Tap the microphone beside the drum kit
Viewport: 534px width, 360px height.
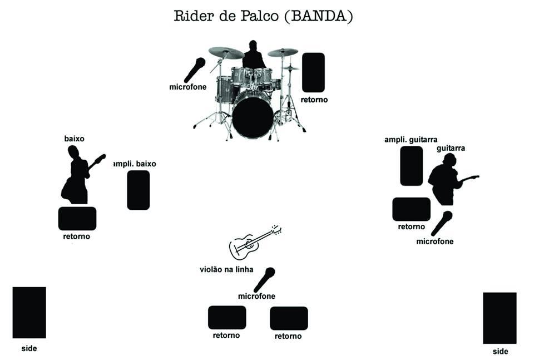click(195, 70)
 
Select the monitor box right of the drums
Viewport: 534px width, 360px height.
click(313, 72)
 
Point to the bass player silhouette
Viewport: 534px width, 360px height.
click(77, 176)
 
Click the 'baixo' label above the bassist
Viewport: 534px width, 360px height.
click(75, 138)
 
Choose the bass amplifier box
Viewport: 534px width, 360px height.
click(139, 190)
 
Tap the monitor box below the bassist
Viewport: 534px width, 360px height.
click(77, 218)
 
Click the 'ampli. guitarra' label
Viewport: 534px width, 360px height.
click(411, 139)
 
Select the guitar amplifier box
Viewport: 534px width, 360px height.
click(411, 166)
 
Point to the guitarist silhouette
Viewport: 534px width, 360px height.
click(446, 180)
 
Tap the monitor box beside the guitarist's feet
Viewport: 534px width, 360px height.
click(411, 209)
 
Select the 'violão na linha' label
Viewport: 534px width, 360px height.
click(226, 269)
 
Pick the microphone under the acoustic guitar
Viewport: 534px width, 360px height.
click(264, 279)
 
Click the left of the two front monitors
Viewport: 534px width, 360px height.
click(227, 317)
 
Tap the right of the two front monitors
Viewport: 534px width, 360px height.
click(289, 318)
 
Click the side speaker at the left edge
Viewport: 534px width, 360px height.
click(29, 312)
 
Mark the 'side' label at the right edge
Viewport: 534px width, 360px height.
click(500, 352)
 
